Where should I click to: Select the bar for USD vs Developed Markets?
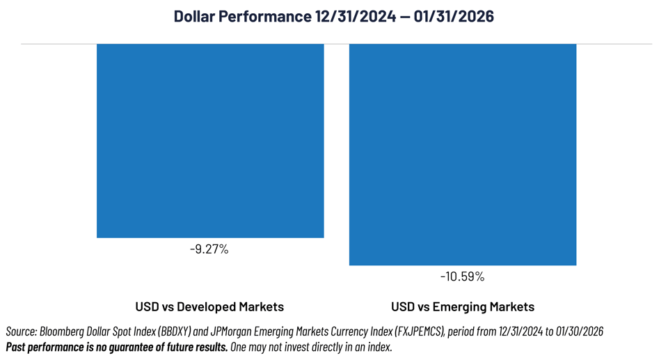pos(210,140)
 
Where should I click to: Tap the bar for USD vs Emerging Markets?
pos(462,154)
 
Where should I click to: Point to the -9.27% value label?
pos(209,249)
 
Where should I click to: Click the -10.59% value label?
pos(462,276)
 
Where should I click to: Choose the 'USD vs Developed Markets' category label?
pos(209,306)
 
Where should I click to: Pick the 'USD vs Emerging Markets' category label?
pos(463,306)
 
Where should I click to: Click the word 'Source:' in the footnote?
pos(22,332)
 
